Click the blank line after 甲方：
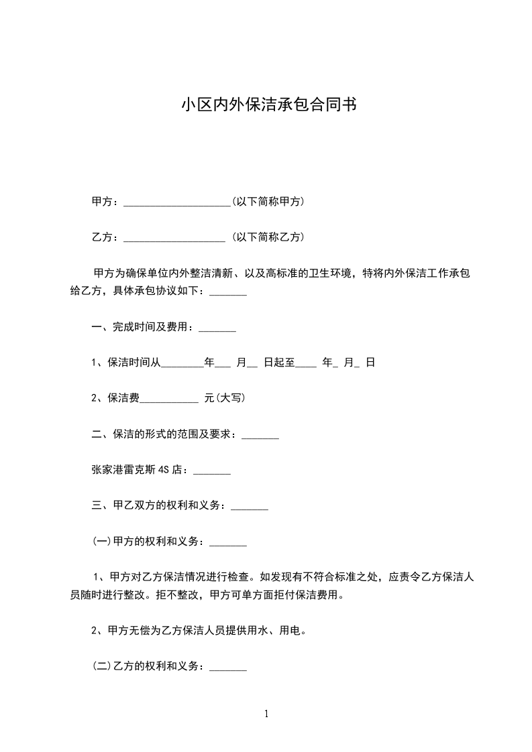pos(177,202)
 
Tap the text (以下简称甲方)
pos(268,201)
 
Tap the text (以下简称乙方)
pos(268,237)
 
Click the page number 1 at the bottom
pos(266,714)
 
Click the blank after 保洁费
pos(169,398)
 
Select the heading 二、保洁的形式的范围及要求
pos(164,434)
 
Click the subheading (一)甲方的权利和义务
pos(148,542)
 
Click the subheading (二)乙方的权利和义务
pos(148,667)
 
